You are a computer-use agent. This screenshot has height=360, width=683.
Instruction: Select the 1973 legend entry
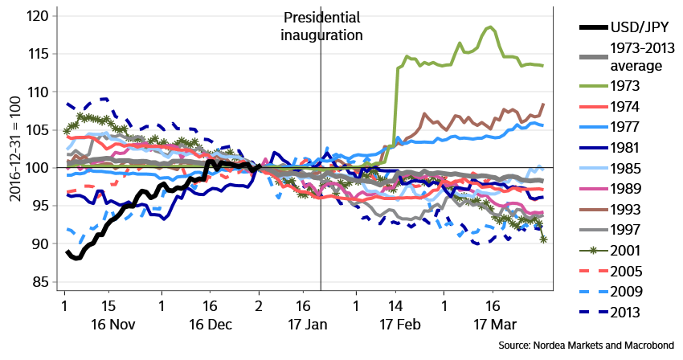pyautogui.click(x=609, y=86)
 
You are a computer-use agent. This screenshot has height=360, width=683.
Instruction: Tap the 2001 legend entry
pyautogui.click(x=610, y=251)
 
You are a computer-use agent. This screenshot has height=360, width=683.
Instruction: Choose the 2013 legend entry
pyautogui.click(x=610, y=312)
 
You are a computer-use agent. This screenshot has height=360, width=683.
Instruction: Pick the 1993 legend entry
pyautogui.click(x=610, y=210)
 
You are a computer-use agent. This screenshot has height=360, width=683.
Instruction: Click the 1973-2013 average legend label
pyautogui.click(x=643, y=57)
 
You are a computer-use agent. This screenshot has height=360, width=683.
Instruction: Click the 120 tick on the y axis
pyautogui.click(x=39, y=16)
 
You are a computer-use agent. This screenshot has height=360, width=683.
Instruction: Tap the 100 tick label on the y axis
pyautogui.click(x=39, y=168)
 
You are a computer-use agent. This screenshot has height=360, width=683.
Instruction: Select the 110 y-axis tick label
pyautogui.click(x=39, y=92)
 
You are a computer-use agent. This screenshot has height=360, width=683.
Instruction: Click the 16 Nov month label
pyautogui.click(x=112, y=325)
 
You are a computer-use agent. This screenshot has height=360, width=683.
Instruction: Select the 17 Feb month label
pyautogui.click(x=400, y=325)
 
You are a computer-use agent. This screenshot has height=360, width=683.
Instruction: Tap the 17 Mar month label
pyautogui.click(x=495, y=325)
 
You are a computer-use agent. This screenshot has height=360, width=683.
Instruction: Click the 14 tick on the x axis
pyautogui.click(x=395, y=305)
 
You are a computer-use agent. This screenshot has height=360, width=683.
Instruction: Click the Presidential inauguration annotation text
pyautogui.click(x=321, y=27)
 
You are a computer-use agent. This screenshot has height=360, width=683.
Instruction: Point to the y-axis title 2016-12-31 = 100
pyautogui.click(x=15, y=149)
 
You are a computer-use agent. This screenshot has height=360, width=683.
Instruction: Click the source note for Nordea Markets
pyautogui.click(x=587, y=346)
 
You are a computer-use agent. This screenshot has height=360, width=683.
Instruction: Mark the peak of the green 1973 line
pyautogui.click(x=490, y=27)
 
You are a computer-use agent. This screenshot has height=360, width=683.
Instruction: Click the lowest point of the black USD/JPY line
pyautogui.click(x=77, y=258)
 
